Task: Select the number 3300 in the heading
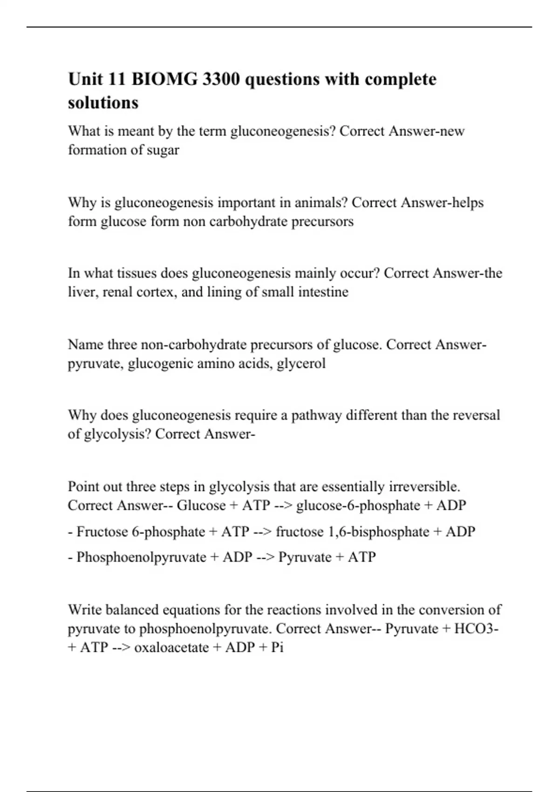[222, 80]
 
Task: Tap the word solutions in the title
[103, 102]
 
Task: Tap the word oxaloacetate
[171, 648]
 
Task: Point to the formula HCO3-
[476, 629]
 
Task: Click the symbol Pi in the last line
[277, 648]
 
